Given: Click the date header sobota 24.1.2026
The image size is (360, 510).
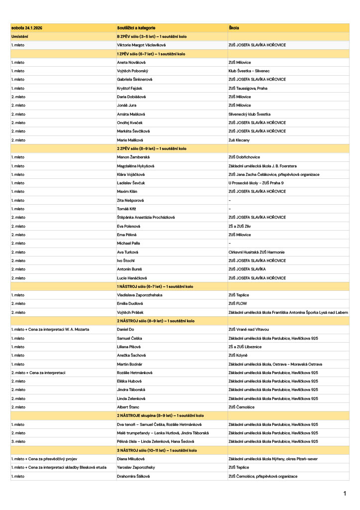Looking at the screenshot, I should (x=27, y=28).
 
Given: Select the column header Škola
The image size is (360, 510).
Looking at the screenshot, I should (x=234, y=28).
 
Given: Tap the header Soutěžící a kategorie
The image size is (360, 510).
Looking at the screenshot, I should (x=136, y=28).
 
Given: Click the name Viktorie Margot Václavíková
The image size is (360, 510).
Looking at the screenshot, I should (x=141, y=45).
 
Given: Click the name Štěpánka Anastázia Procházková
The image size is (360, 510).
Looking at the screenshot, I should (x=145, y=217).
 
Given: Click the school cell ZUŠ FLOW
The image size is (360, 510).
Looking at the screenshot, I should (x=238, y=303).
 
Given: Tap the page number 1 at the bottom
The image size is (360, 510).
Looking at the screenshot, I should (x=345, y=494).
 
